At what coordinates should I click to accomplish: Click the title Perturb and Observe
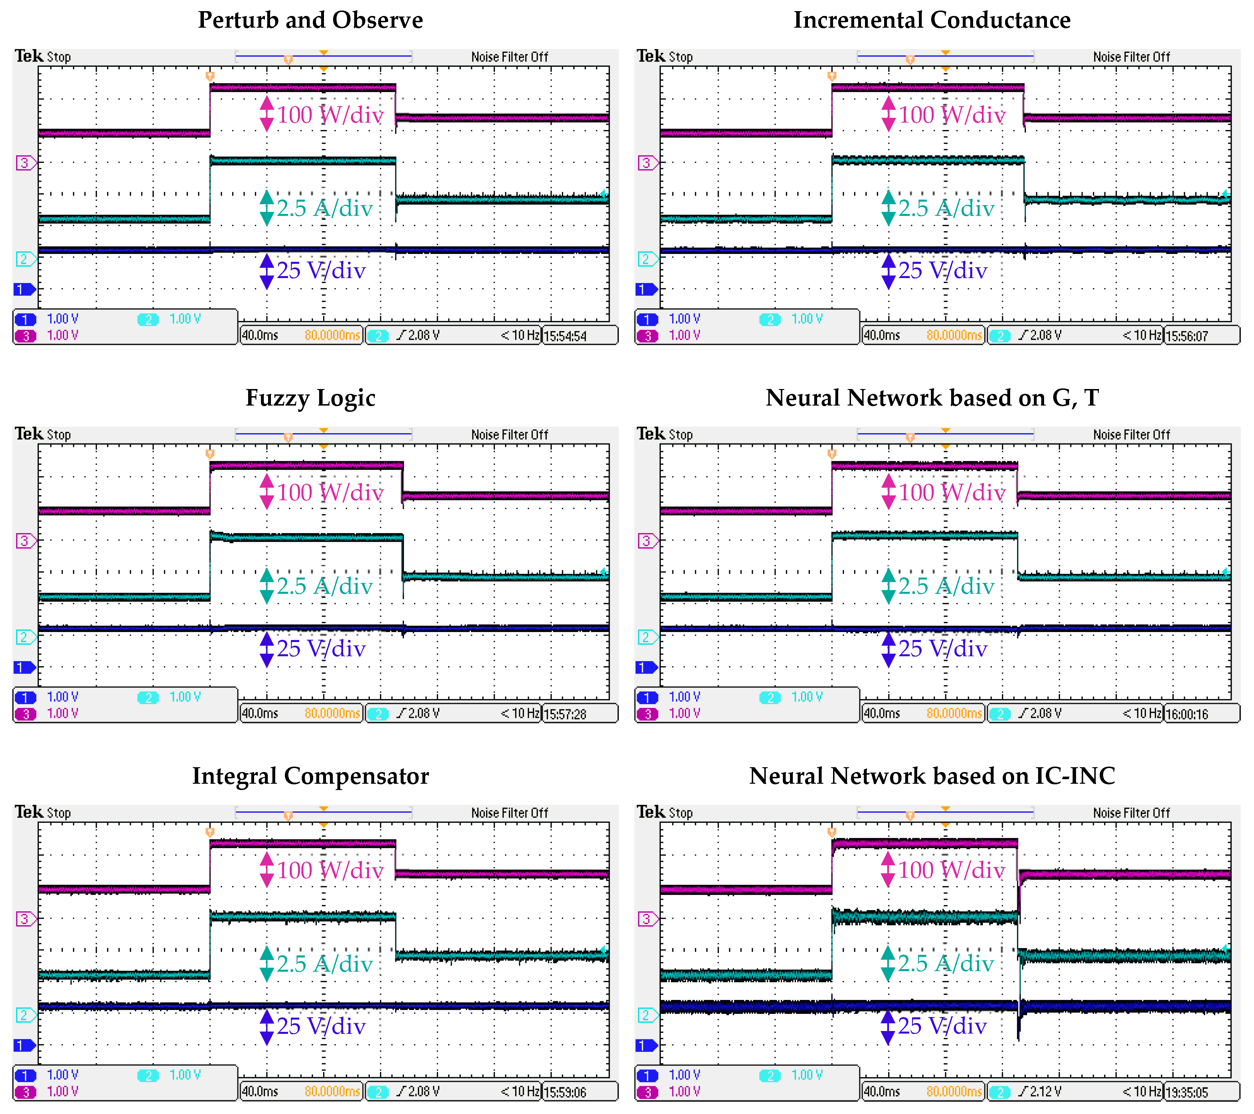[310, 20]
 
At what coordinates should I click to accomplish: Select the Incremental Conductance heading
[932, 20]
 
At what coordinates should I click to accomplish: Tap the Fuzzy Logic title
[310, 398]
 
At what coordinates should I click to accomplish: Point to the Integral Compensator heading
[310, 776]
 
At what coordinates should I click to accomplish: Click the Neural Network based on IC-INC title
[932, 776]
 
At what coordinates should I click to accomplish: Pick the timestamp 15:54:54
[565, 336]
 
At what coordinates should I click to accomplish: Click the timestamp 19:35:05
[1186, 1093]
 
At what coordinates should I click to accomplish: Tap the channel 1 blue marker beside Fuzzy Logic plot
[25, 667]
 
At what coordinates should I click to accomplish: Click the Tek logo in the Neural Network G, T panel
[651, 434]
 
